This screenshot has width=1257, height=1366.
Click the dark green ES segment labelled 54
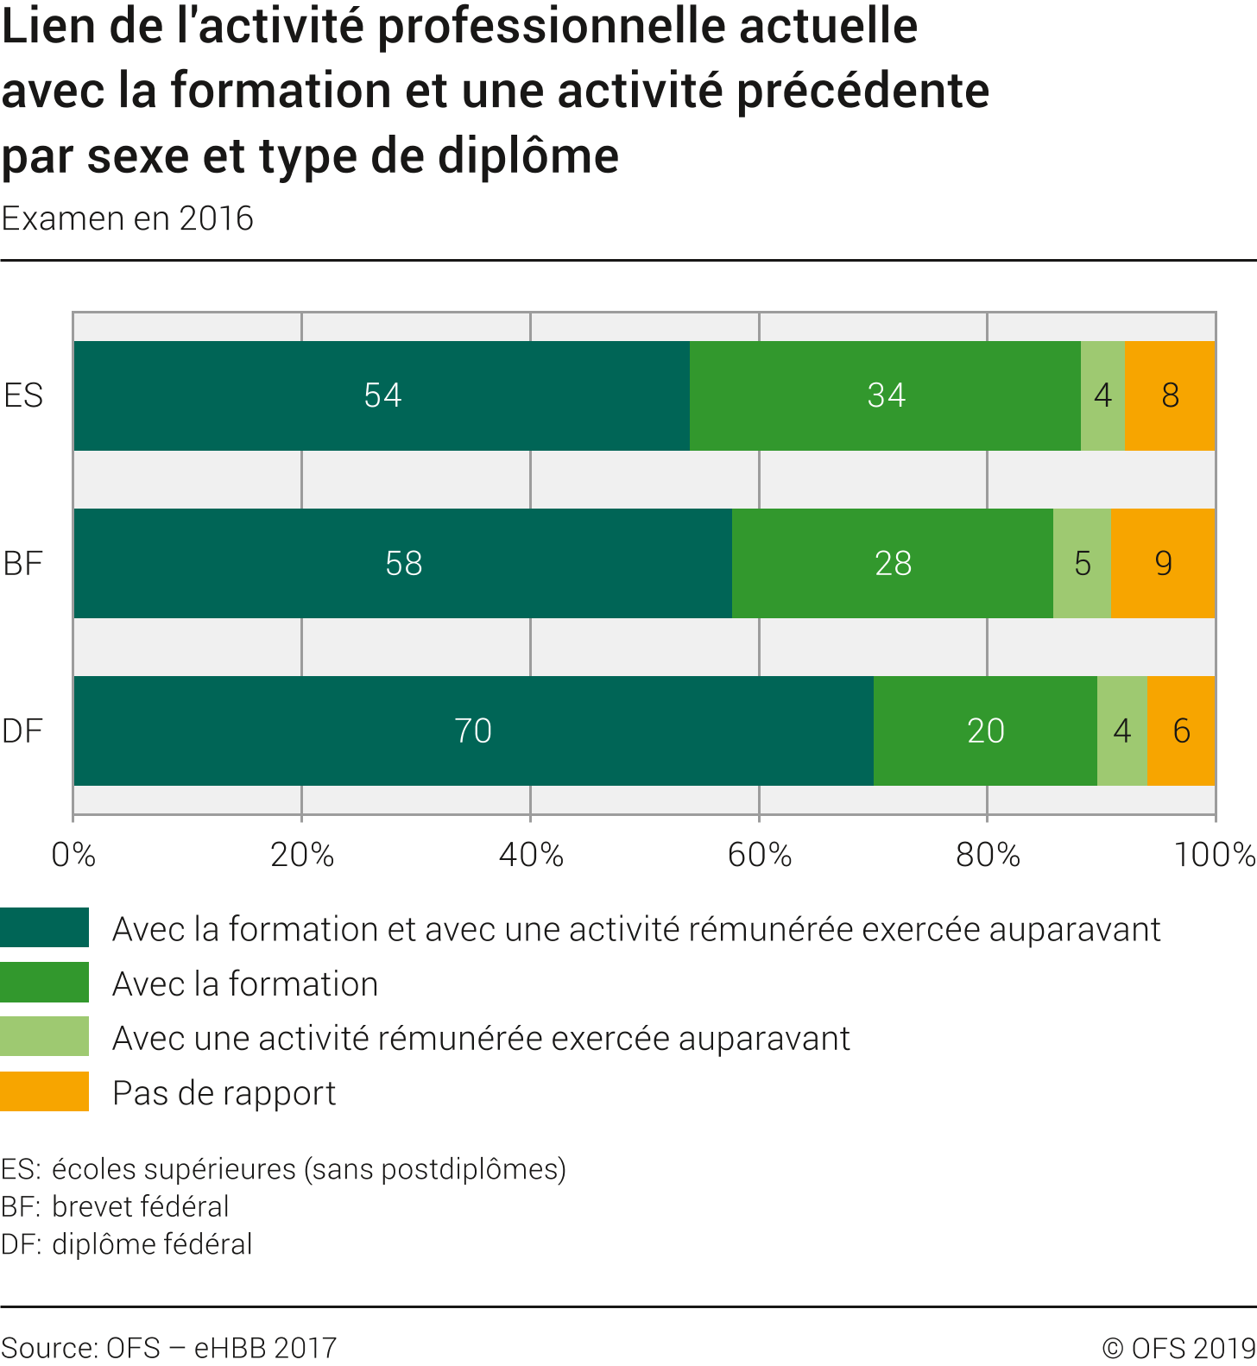(x=382, y=395)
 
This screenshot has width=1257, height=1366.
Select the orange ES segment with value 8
(x=1170, y=395)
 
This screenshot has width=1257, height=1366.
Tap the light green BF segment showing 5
(x=1082, y=563)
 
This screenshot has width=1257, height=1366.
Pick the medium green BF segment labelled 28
(x=893, y=563)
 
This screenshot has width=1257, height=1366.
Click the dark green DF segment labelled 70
(x=473, y=730)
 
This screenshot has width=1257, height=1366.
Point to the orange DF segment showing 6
(x=1181, y=730)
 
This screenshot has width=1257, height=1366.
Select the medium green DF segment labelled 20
(x=985, y=730)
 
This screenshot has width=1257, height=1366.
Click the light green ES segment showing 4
(x=1102, y=395)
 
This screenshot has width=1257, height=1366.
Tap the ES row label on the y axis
(x=23, y=395)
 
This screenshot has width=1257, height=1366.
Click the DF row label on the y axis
(x=22, y=730)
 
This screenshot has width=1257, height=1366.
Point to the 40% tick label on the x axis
(x=531, y=855)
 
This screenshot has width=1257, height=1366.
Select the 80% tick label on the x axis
(x=988, y=855)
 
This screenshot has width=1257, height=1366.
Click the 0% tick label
(x=73, y=855)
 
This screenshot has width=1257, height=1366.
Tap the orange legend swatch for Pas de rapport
(x=44, y=1091)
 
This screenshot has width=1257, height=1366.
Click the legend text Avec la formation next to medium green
(x=245, y=983)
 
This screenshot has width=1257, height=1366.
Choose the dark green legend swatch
(x=44, y=927)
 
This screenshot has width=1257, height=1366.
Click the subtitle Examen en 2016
(x=128, y=218)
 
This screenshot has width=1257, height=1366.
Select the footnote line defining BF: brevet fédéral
(x=115, y=1206)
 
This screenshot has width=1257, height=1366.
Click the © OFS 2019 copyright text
(x=1178, y=1347)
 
